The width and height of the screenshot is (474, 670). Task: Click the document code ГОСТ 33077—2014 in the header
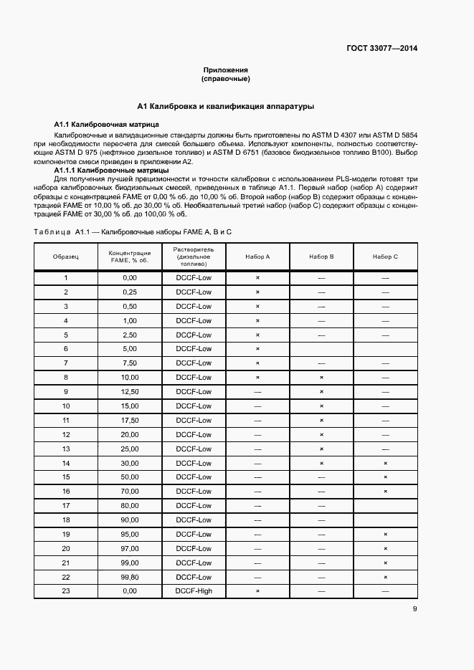(x=381, y=49)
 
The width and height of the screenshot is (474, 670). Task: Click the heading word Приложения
(x=225, y=70)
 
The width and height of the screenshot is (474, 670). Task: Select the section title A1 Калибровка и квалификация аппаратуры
(x=226, y=106)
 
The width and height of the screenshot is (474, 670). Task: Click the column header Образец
(x=66, y=257)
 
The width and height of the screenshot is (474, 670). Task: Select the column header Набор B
(x=321, y=257)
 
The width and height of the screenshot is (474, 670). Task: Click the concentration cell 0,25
(x=130, y=292)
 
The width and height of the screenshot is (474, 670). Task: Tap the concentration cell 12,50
(x=130, y=391)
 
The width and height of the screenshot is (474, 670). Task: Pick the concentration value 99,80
(x=130, y=577)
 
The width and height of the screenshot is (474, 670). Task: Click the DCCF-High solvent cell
(x=194, y=591)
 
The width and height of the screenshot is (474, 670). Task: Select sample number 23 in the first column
(x=66, y=591)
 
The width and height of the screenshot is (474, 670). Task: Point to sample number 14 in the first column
(x=66, y=463)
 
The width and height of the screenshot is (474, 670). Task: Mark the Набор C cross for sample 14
(x=385, y=463)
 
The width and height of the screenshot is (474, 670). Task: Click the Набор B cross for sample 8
(x=321, y=377)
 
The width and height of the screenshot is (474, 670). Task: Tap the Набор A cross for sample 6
(x=257, y=349)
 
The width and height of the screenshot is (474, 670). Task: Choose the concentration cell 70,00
(x=130, y=492)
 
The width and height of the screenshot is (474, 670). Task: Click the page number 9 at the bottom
(x=414, y=610)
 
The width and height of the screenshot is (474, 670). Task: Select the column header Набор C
(x=385, y=257)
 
